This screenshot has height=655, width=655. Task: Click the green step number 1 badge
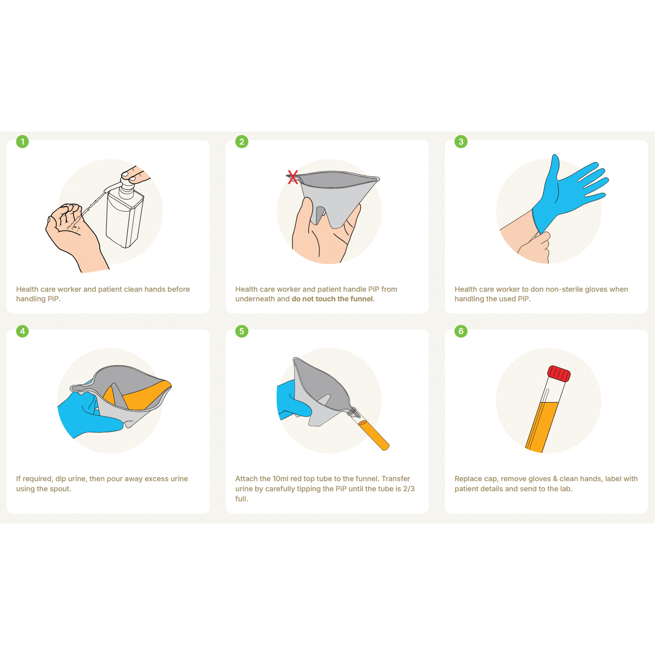[x=23, y=142]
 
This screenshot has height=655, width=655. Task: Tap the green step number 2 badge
[x=242, y=142]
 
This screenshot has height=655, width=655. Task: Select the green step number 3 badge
[x=461, y=142]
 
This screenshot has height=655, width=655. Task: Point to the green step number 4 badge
[x=23, y=331]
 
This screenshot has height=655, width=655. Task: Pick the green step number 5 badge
[x=242, y=331]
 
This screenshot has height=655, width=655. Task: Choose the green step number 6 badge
[x=461, y=331]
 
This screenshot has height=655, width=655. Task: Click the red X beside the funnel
[x=293, y=177]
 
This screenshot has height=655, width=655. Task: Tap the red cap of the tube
[x=559, y=374]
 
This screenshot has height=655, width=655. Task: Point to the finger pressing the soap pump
[x=136, y=174]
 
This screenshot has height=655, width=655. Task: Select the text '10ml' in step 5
[x=281, y=479]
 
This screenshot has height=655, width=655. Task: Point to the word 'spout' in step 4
[x=59, y=489]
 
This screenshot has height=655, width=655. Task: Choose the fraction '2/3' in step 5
[x=409, y=489]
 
